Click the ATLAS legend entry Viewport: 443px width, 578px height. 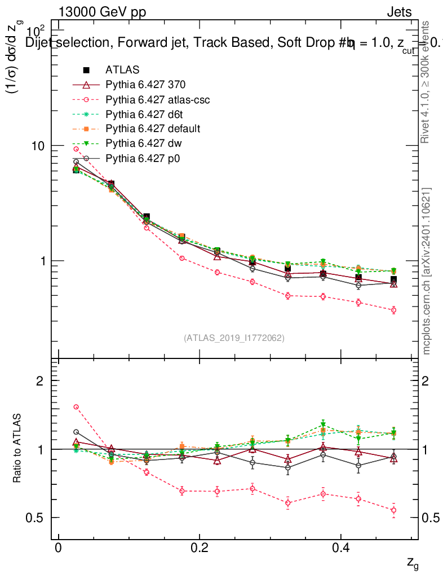(122, 70)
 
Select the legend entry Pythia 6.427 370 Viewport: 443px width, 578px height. (145, 85)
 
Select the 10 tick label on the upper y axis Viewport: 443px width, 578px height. (43, 146)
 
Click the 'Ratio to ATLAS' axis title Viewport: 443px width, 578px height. (17, 449)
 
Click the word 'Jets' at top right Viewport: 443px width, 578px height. (399, 12)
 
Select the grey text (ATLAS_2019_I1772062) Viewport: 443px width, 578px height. (234, 338)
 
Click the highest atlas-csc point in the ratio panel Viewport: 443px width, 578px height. (76, 407)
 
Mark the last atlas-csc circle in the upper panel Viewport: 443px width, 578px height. (393, 310)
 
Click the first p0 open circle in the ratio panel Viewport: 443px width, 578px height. (76, 432)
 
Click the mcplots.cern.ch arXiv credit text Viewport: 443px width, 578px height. (427, 271)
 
